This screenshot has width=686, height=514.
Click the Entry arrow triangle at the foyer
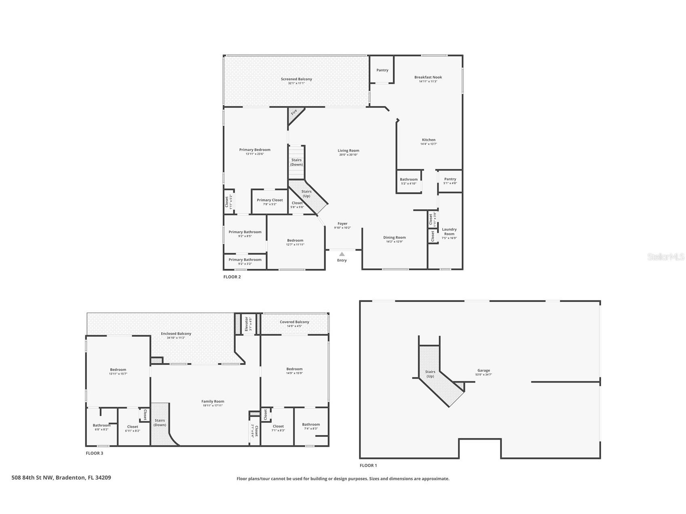342,254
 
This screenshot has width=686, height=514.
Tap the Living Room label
348,151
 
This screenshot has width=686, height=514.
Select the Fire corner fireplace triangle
294,114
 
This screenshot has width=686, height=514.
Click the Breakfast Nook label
428,77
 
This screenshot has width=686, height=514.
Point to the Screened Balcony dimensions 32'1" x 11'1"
296,83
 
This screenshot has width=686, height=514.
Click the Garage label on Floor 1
483,370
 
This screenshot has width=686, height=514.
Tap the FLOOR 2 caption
232,277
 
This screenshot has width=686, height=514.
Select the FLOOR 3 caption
94,453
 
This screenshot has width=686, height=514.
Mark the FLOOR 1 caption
368,465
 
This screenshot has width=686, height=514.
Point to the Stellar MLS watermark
665,257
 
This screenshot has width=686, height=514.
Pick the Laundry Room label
449,232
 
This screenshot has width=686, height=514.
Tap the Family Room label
213,401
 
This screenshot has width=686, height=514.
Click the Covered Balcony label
294,322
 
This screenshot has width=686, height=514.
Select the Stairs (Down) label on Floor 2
296,162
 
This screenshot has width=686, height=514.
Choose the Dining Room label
395,238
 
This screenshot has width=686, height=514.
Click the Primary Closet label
270,200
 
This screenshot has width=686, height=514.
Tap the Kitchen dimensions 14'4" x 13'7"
428,144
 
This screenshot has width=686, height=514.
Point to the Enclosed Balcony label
176,334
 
